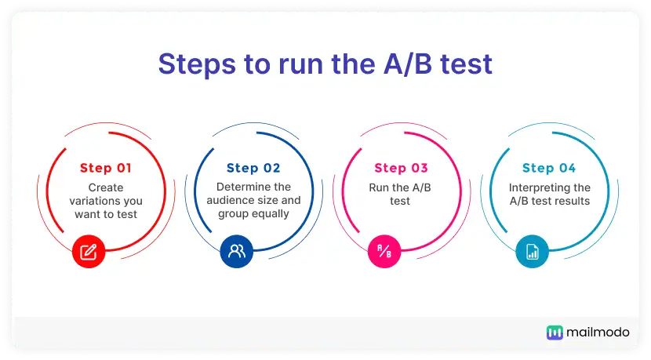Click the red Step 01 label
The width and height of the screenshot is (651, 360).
(x=105, y=168)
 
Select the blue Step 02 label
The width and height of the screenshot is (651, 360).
(x=253, y=168)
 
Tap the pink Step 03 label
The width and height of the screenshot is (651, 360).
(x=401, y=168)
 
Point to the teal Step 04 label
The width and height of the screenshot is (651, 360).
(x=549, y=168)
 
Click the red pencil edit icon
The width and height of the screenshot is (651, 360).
(x=89, y=251)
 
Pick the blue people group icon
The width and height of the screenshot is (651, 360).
(x=237, y=251)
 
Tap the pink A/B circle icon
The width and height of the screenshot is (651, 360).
(x=384, y=251)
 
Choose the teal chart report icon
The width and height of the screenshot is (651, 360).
(x=533, y=251)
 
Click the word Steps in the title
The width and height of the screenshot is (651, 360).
(x=197, y=64)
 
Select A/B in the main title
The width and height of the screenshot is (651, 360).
(x=408, y=64)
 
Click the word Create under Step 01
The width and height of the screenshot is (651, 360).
(x=106, y=187)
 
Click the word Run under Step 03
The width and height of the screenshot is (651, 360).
(x=377, y=187)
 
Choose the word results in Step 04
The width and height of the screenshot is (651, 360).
(x=573, y=201)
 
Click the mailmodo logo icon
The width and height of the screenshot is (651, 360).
(x=555, y=333)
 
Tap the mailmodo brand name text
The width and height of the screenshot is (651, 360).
(x=598, y=333)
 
